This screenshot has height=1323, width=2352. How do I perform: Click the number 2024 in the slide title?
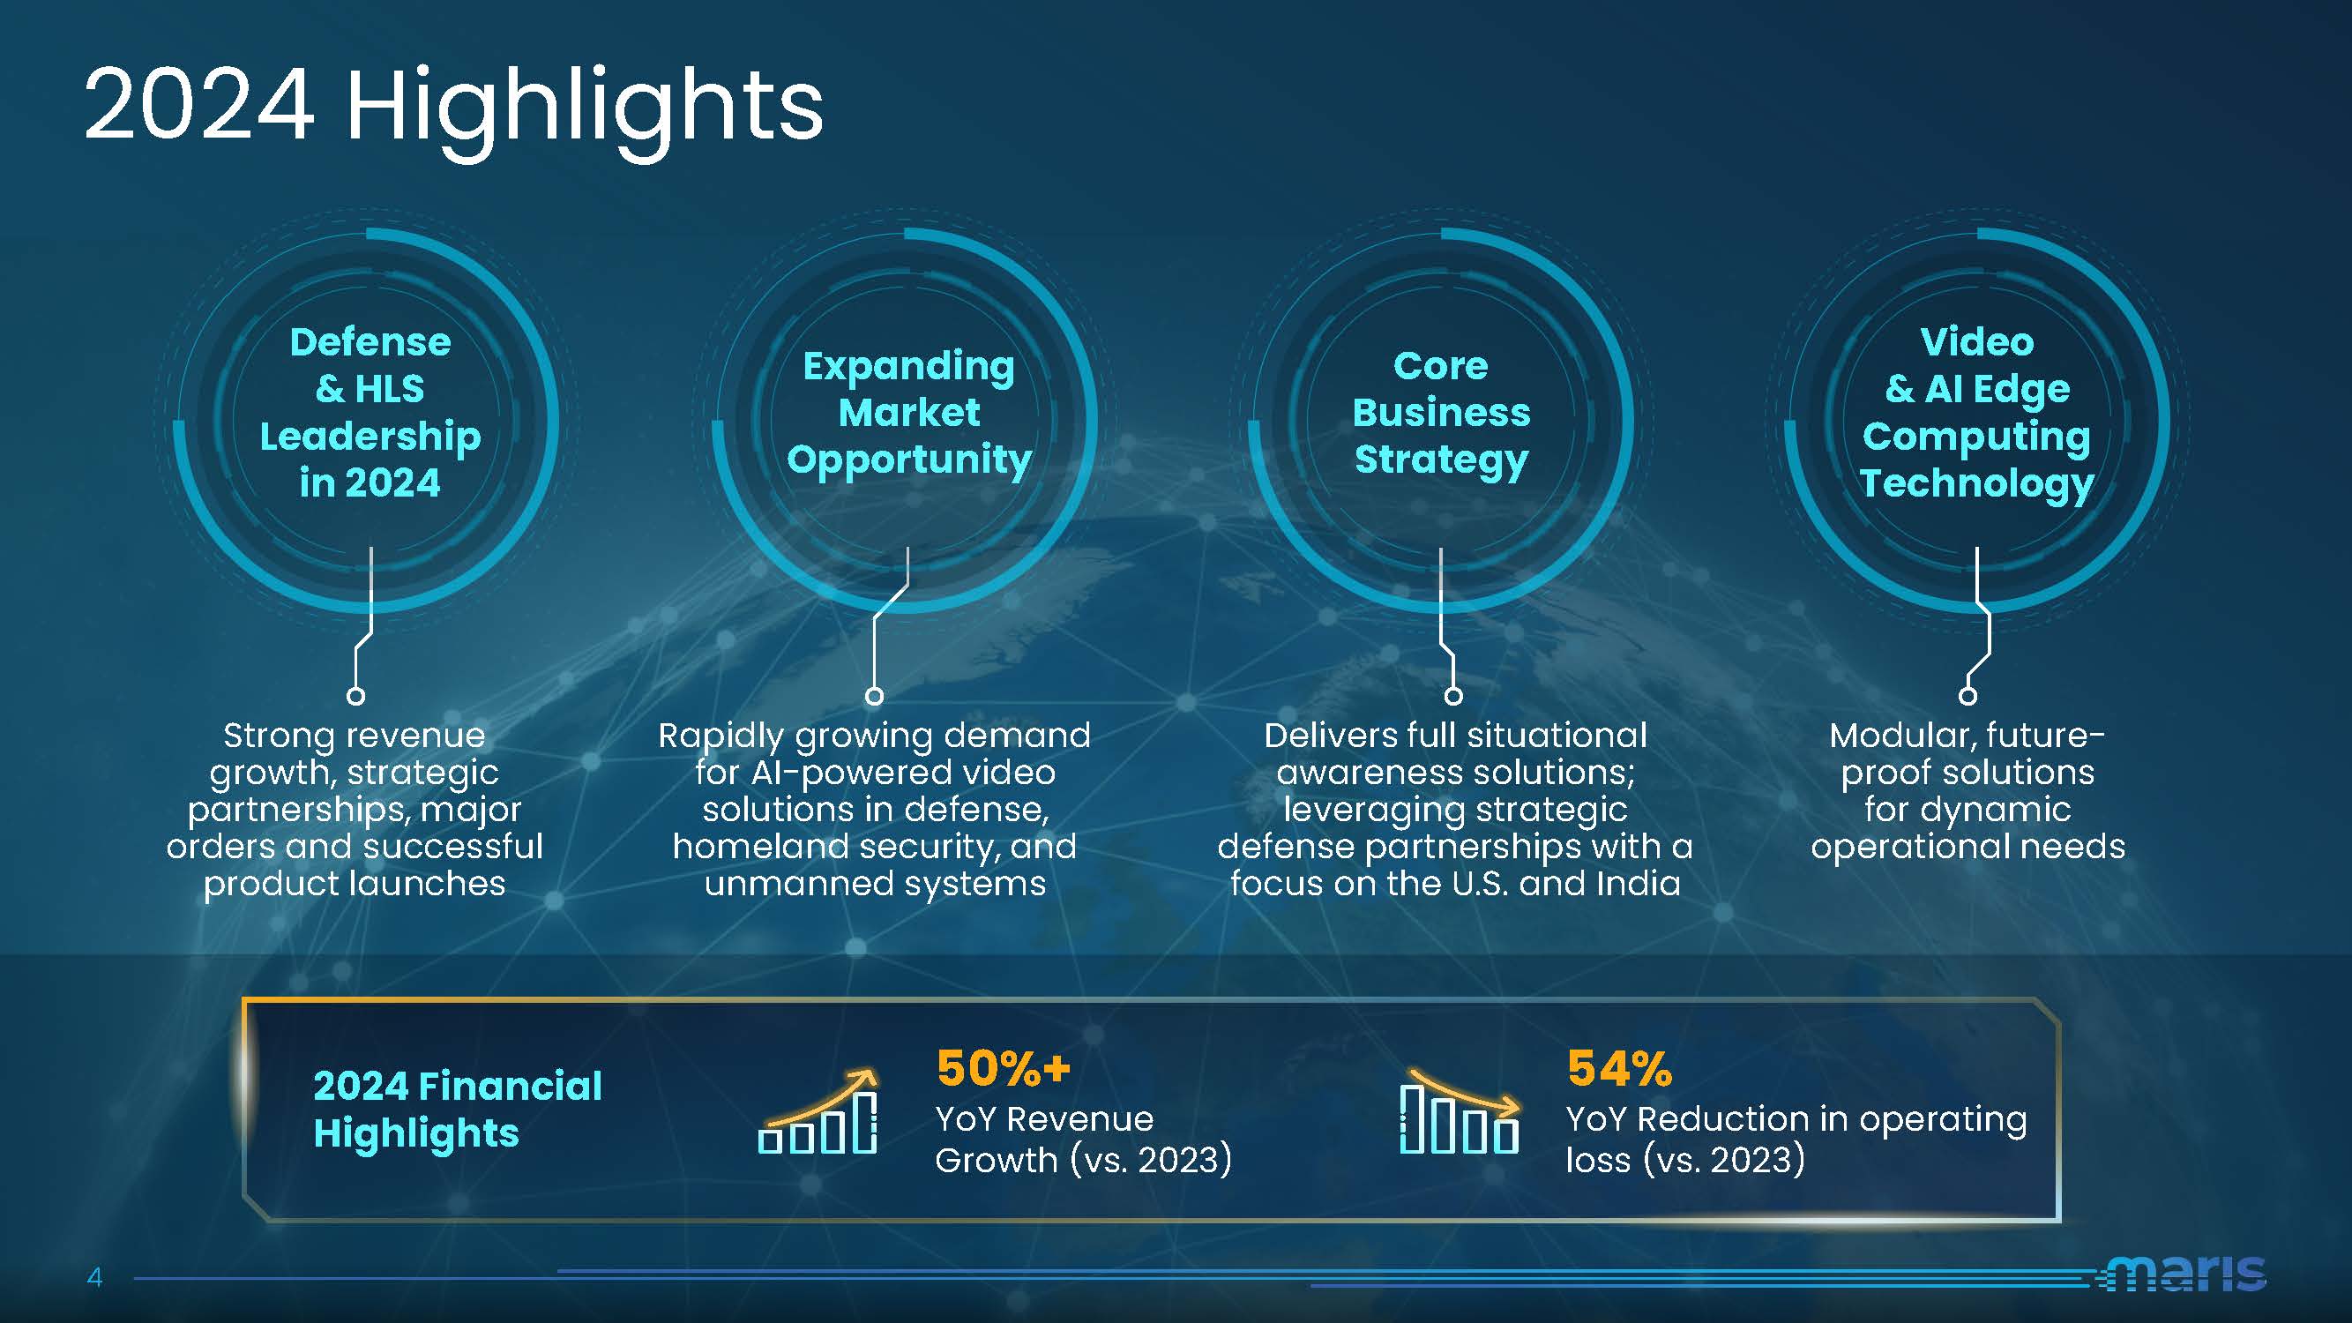199,104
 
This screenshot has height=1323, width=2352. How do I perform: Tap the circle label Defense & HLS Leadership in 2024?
370,413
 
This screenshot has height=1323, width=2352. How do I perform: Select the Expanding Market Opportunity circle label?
909,413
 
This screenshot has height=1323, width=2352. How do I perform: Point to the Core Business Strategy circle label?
1441,413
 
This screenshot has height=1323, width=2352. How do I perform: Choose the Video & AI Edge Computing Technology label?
1976,413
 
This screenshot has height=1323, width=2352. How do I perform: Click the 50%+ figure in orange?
1003,1067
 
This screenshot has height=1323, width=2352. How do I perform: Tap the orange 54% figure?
1619,1067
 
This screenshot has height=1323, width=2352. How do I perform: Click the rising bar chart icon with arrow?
818,1111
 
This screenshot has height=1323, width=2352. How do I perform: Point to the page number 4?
94,1276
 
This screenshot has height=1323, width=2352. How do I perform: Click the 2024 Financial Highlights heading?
458,1110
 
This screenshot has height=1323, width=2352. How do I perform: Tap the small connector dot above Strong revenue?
356,696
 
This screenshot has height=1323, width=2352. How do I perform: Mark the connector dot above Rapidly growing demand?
874,696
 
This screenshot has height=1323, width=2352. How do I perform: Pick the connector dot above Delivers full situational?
1453,696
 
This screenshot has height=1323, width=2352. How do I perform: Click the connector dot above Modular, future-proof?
1967,696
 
